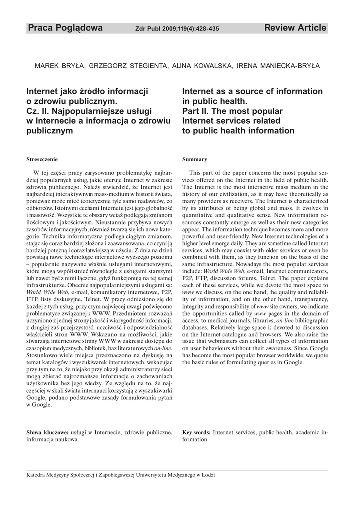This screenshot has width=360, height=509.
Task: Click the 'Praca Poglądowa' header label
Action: tap(65, 28)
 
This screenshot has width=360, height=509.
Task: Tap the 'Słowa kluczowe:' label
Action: tap(47, 432)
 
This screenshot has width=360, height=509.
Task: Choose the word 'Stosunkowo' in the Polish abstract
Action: tap(43, 343)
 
